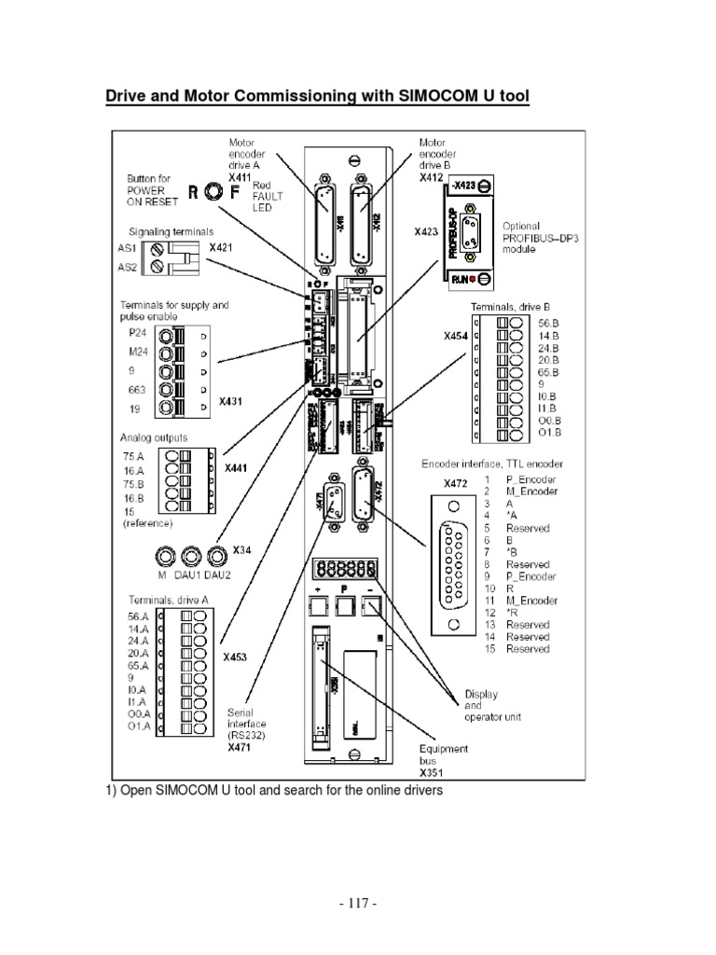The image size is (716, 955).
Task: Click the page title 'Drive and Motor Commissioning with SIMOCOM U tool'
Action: point(316,97)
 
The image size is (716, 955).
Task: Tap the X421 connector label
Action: point(223,248)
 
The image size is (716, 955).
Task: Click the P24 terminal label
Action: point(136,331)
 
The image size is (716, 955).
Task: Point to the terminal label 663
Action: point(137,390)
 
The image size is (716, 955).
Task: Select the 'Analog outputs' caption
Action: point(154,437)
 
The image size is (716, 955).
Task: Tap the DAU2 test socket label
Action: point(219,576)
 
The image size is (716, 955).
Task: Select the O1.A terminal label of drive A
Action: point(138,727)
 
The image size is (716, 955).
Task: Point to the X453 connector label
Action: point(235,657)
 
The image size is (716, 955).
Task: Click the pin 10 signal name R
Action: point(509,588)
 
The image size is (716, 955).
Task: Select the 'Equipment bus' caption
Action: point(444,754)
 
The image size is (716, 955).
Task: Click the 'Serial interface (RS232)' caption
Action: point(247,724)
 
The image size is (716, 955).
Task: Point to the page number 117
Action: point(358,904)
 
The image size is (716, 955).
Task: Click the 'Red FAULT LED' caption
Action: point(266,197)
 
